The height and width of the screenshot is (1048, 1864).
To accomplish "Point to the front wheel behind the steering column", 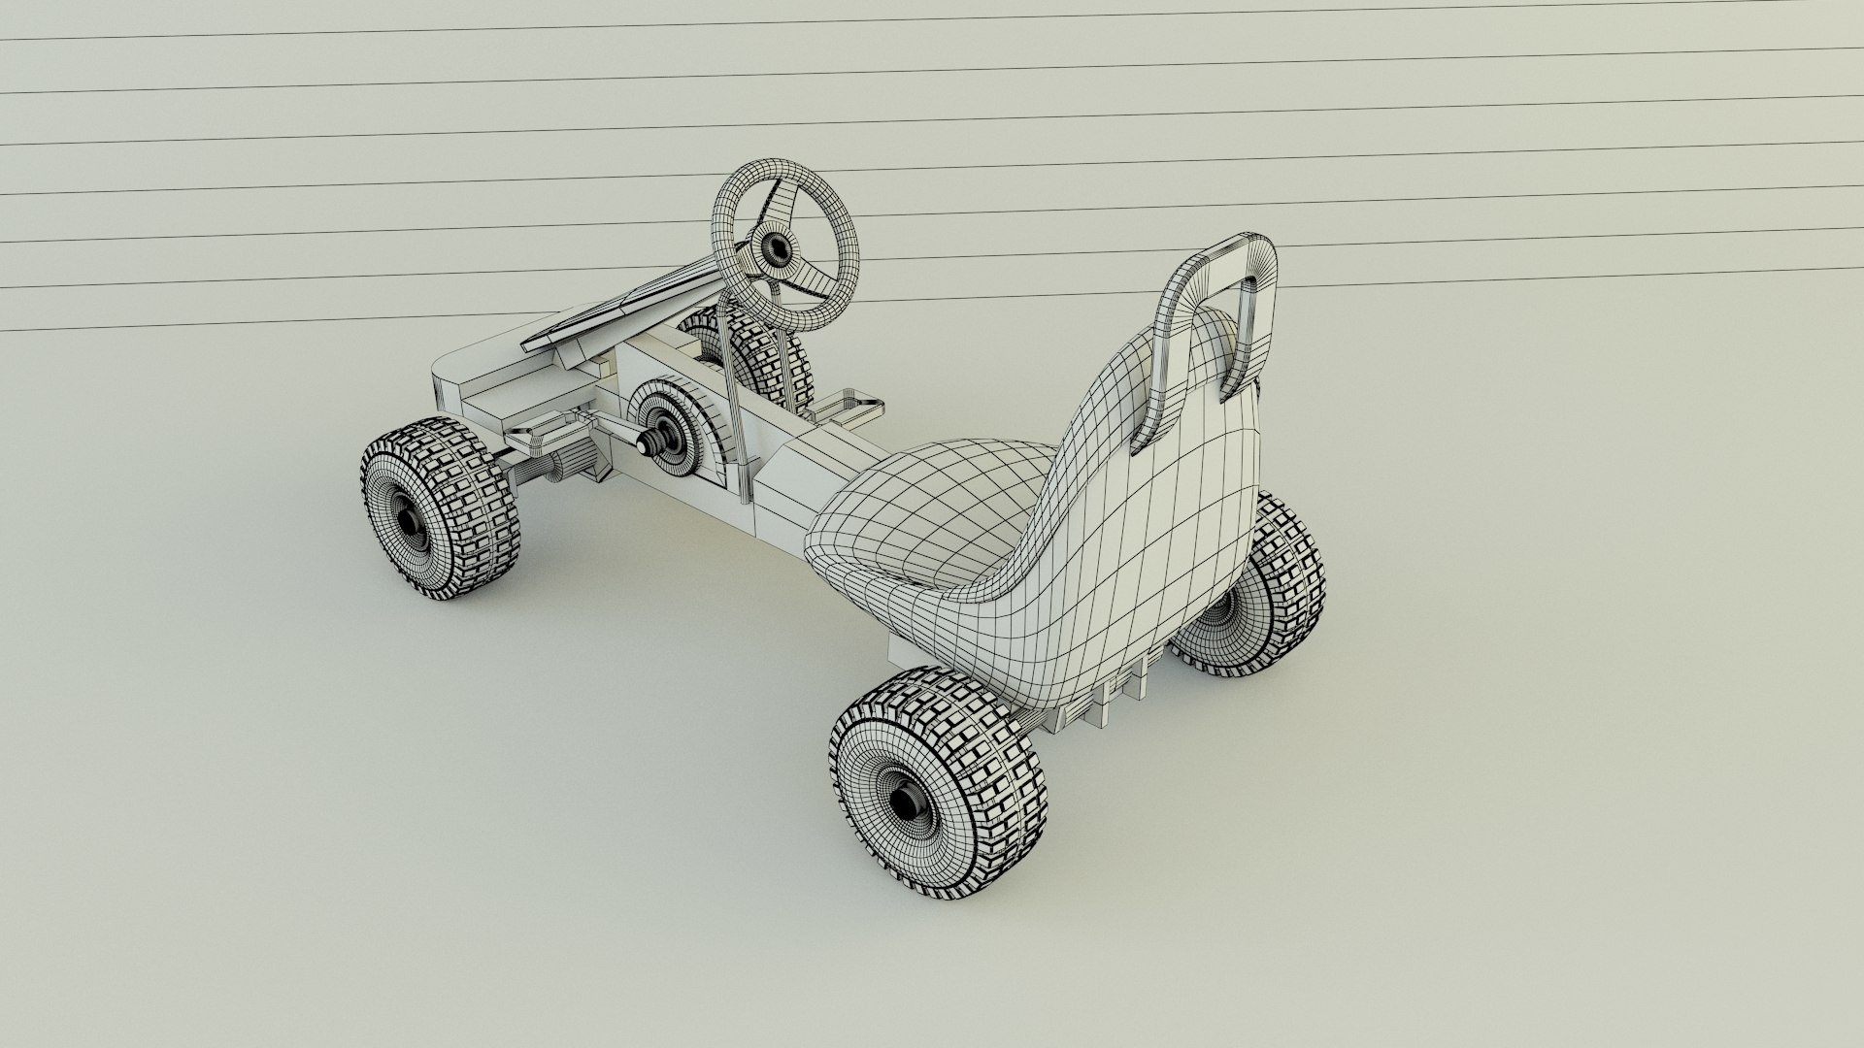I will (x=772, y=359).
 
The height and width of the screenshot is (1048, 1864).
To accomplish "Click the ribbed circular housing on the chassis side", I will (x=680, y=427).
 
